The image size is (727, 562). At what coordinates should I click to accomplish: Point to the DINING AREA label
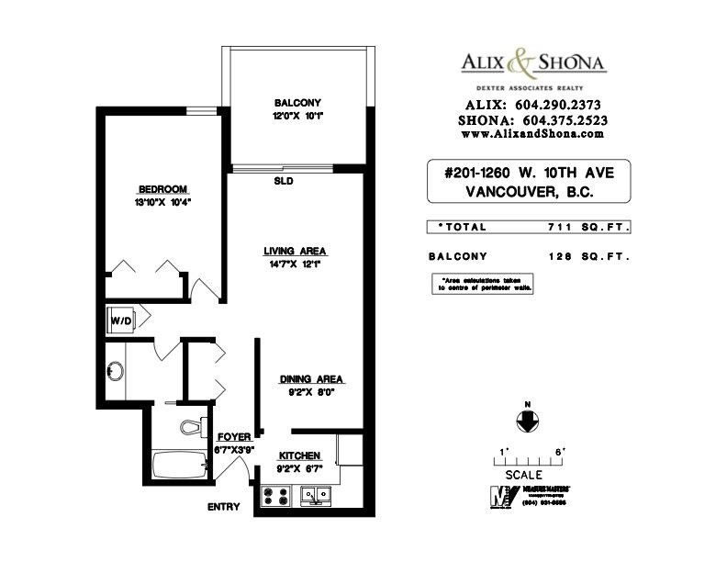(x=312, y=378)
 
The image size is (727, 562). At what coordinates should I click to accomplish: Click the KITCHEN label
(x=299, y=455)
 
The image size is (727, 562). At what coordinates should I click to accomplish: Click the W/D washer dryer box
(x=121, y=320)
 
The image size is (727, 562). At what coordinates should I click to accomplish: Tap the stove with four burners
(x=277, y=496)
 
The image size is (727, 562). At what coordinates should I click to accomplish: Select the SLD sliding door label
(x=283, y=182)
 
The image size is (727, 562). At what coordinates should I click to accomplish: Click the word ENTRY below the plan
(x=224, y=507)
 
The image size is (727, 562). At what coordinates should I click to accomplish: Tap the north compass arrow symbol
(x=529, y=420)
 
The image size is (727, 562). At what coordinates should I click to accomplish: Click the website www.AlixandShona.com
(x=531, y=133)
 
